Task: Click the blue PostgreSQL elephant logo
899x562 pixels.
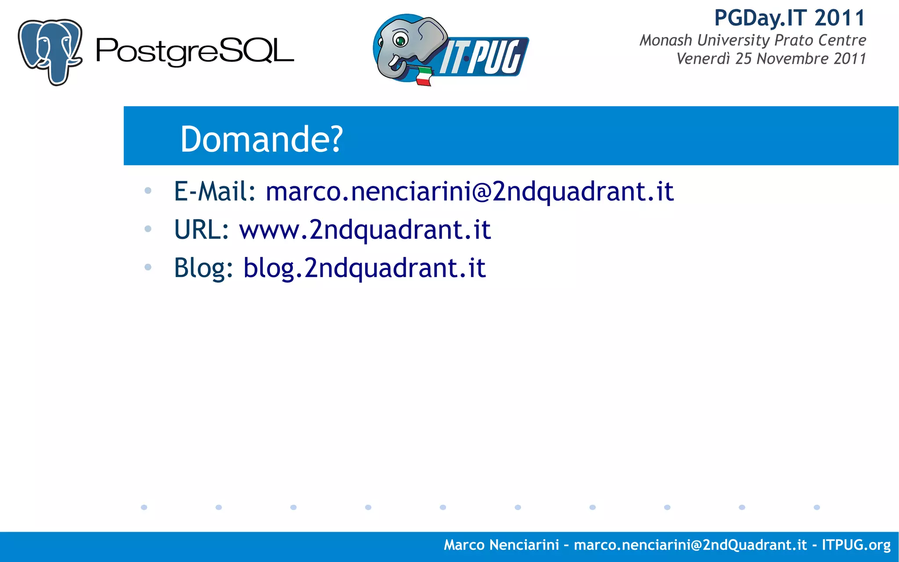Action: coord(50,51)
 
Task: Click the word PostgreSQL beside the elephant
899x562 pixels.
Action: coord(194,52)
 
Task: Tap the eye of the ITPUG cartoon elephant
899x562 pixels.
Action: coord(400,40)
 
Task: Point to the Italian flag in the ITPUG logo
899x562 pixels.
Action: coord(424,76)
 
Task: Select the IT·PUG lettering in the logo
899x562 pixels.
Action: coord(483,57)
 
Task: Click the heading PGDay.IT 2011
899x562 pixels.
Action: coord(790,18)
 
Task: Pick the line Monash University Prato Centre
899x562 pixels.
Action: coord(752,40)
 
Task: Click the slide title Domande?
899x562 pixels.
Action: coord(261,139)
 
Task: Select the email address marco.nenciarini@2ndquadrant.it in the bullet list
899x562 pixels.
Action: coord(469,191)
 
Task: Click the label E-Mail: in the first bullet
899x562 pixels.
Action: coord(215,191)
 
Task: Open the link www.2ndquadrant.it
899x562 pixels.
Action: coord(365,230)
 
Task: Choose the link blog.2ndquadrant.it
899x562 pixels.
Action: coord(364,268)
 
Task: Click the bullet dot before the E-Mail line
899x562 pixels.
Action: coord(148,191)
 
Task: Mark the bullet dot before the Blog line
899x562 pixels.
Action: coord(148,267)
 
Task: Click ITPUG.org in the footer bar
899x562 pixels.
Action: coord(856,545)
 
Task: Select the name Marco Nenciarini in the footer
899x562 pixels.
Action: coord(501,545)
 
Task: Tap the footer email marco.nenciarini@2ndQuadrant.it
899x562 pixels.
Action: coord(690,545)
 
